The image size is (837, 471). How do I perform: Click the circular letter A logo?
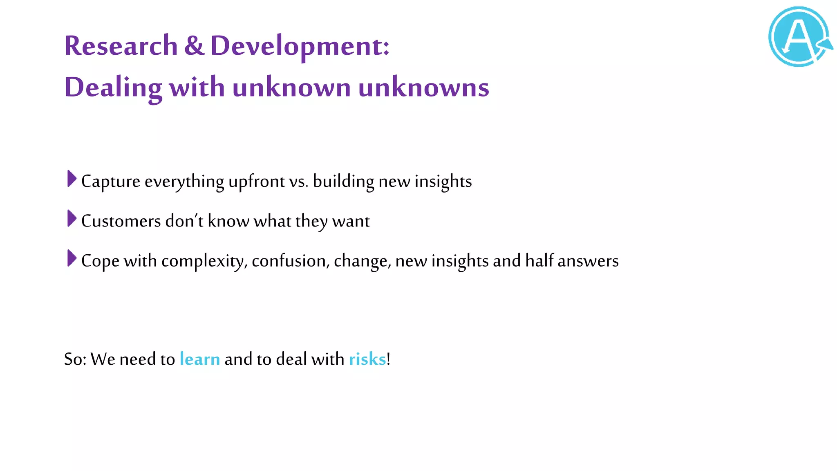pos(799,37)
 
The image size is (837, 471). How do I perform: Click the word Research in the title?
pos(121,45)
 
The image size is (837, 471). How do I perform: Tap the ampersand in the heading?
pos(194,45)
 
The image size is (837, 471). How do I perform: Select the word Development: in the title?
pos(300,46)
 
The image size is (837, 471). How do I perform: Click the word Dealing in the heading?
pos(113,87)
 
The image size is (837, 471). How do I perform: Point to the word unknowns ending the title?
pos(423,87)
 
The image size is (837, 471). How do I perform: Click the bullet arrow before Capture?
pos(72,179)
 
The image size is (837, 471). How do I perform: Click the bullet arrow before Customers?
pos(72,219)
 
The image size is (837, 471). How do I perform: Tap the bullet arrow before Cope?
pos(72,258)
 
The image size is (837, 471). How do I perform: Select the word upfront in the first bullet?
pos(256,182)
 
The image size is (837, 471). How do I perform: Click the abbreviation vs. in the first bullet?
pos(298,182)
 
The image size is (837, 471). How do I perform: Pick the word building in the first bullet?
pos(343,182)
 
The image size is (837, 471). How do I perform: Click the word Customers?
pos(121,221)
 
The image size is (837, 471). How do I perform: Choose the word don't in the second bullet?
pos(184,221)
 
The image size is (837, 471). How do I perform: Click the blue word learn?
pos(200,359)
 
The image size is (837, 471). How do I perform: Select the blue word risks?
pos(367,359)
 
